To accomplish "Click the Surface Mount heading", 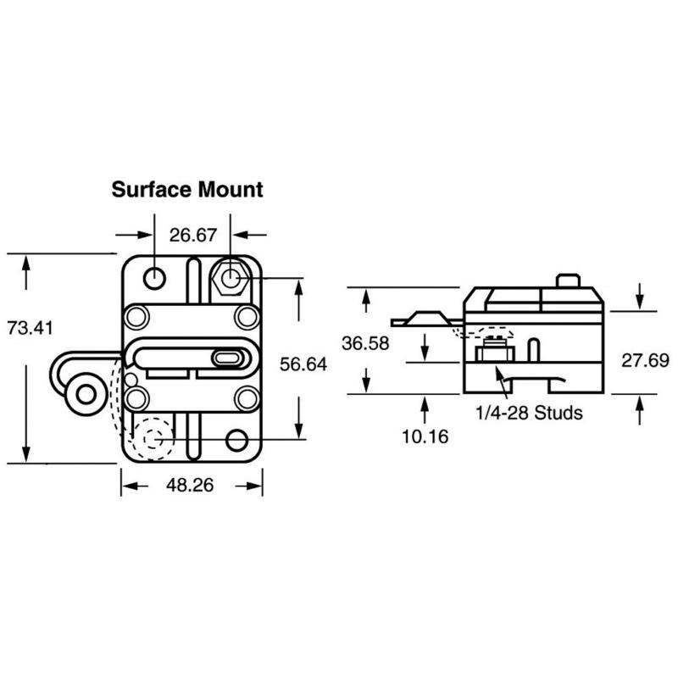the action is click(x=187, y=190).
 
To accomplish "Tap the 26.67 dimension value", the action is click(x=193, y=236).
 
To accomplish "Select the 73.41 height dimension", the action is click(x=30, y=328).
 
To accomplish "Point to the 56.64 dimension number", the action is click(x=303, y=364).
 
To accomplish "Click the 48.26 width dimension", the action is click(x=190, y=485).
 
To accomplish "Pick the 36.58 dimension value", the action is click(x=365, y=343).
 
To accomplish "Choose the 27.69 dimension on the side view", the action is click(x=645, y=361).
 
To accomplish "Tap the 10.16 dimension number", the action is click(x=425, y=436).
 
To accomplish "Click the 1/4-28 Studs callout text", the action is click(x=529, y=413).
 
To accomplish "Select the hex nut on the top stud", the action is click(x=230, y=278).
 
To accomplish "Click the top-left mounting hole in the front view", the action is click(x=154, y=278).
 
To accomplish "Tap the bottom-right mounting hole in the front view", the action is click(x=237, y=441).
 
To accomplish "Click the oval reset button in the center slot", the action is click(x=227, y=358).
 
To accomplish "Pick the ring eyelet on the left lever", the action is click(x=86, y=394).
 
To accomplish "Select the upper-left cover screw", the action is click(x=137, y=317).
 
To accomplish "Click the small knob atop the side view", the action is click(x=567, y=281).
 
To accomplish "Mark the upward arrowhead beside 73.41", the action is click(x=26, y=263).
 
